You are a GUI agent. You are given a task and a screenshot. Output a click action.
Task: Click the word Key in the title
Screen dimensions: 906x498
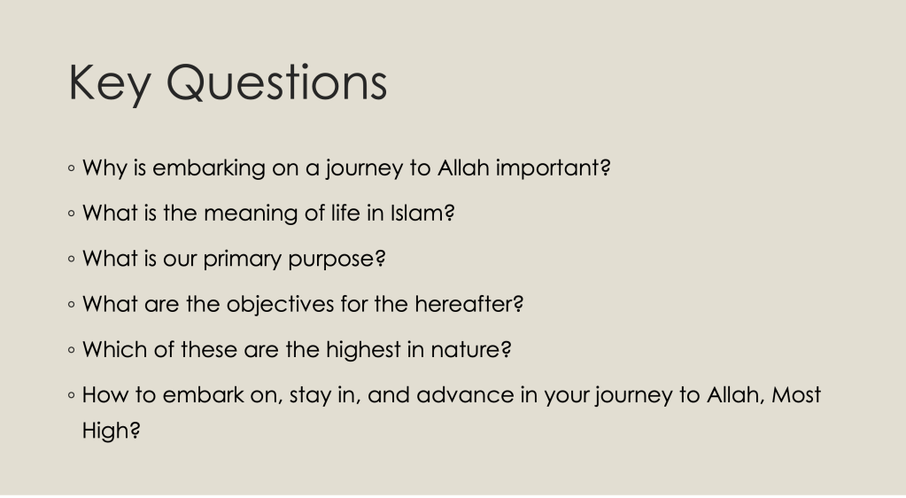tap(110, 84)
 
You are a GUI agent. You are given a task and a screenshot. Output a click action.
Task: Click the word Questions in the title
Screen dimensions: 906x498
tap(277, 82)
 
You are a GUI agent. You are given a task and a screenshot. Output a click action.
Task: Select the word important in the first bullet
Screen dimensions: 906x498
tap(553, 167)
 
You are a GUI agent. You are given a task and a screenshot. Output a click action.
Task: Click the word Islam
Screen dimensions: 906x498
tap(422, 213)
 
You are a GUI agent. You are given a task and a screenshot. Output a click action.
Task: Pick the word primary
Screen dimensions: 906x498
tap(243, 259)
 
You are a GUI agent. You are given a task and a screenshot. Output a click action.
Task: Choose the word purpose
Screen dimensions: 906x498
tap(337, 259)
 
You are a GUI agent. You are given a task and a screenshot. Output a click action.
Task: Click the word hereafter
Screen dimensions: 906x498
tap(468, 304)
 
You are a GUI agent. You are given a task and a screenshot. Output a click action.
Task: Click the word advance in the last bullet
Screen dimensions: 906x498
tap(465, 395)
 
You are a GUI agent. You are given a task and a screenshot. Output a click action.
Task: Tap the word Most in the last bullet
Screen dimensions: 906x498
tap(796, 395)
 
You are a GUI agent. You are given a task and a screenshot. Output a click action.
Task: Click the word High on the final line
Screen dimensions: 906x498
tap(111, 431)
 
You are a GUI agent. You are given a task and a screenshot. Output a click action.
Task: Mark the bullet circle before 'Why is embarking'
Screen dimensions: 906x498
tap(71, 169)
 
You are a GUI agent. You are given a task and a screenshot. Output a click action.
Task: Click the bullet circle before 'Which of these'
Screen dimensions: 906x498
tap(71, 351)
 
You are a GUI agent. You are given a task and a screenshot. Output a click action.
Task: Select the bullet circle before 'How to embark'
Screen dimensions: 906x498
tap(71, 396)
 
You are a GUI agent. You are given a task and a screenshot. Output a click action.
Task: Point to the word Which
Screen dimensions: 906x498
tap(115, 350)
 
